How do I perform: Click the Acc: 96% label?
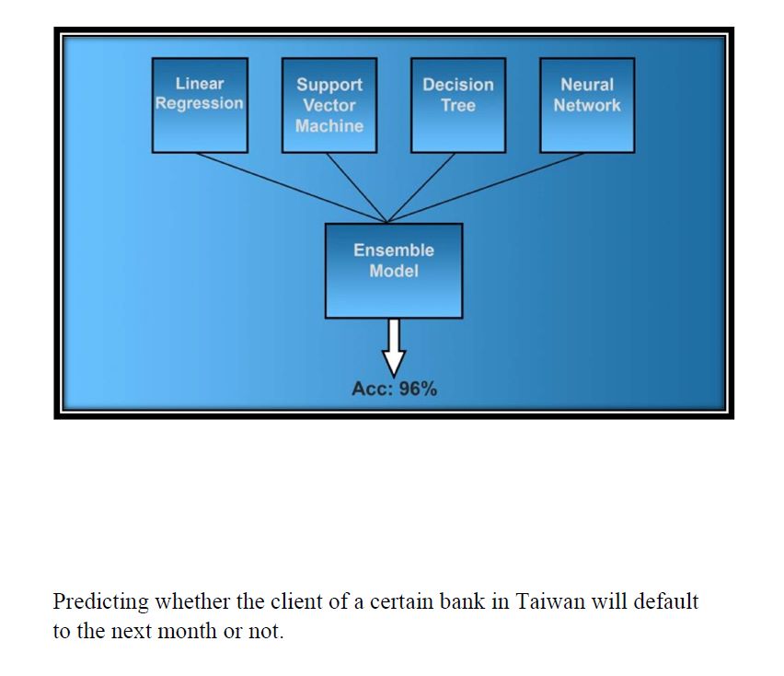click(394, 389)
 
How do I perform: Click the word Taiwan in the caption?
click(548, 601)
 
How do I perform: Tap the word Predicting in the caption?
click(101, 601)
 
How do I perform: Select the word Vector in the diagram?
click(329, 105)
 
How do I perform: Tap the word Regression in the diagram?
click(200, 103)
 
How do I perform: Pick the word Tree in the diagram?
click(457, 105)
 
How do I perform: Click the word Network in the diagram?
click(587, 105)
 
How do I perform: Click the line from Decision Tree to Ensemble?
click(421, 187)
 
